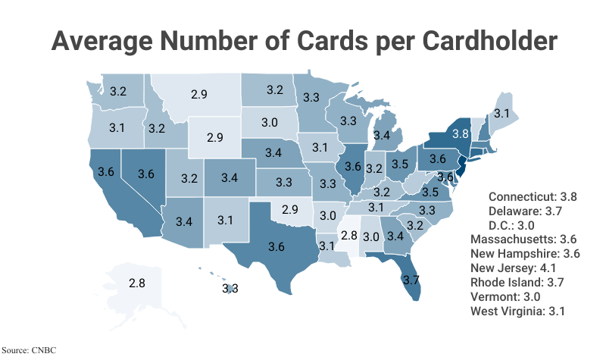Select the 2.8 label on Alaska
click(x=137, y=283)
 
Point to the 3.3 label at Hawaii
click(x=230, y=288)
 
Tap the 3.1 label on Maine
click(x=501, y=113)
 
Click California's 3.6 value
click(x=106, y=173)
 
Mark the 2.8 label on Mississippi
click(x=348, y=236)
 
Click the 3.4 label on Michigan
click(x=382, y=136)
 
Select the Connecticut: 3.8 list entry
click(x=533, y=196)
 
